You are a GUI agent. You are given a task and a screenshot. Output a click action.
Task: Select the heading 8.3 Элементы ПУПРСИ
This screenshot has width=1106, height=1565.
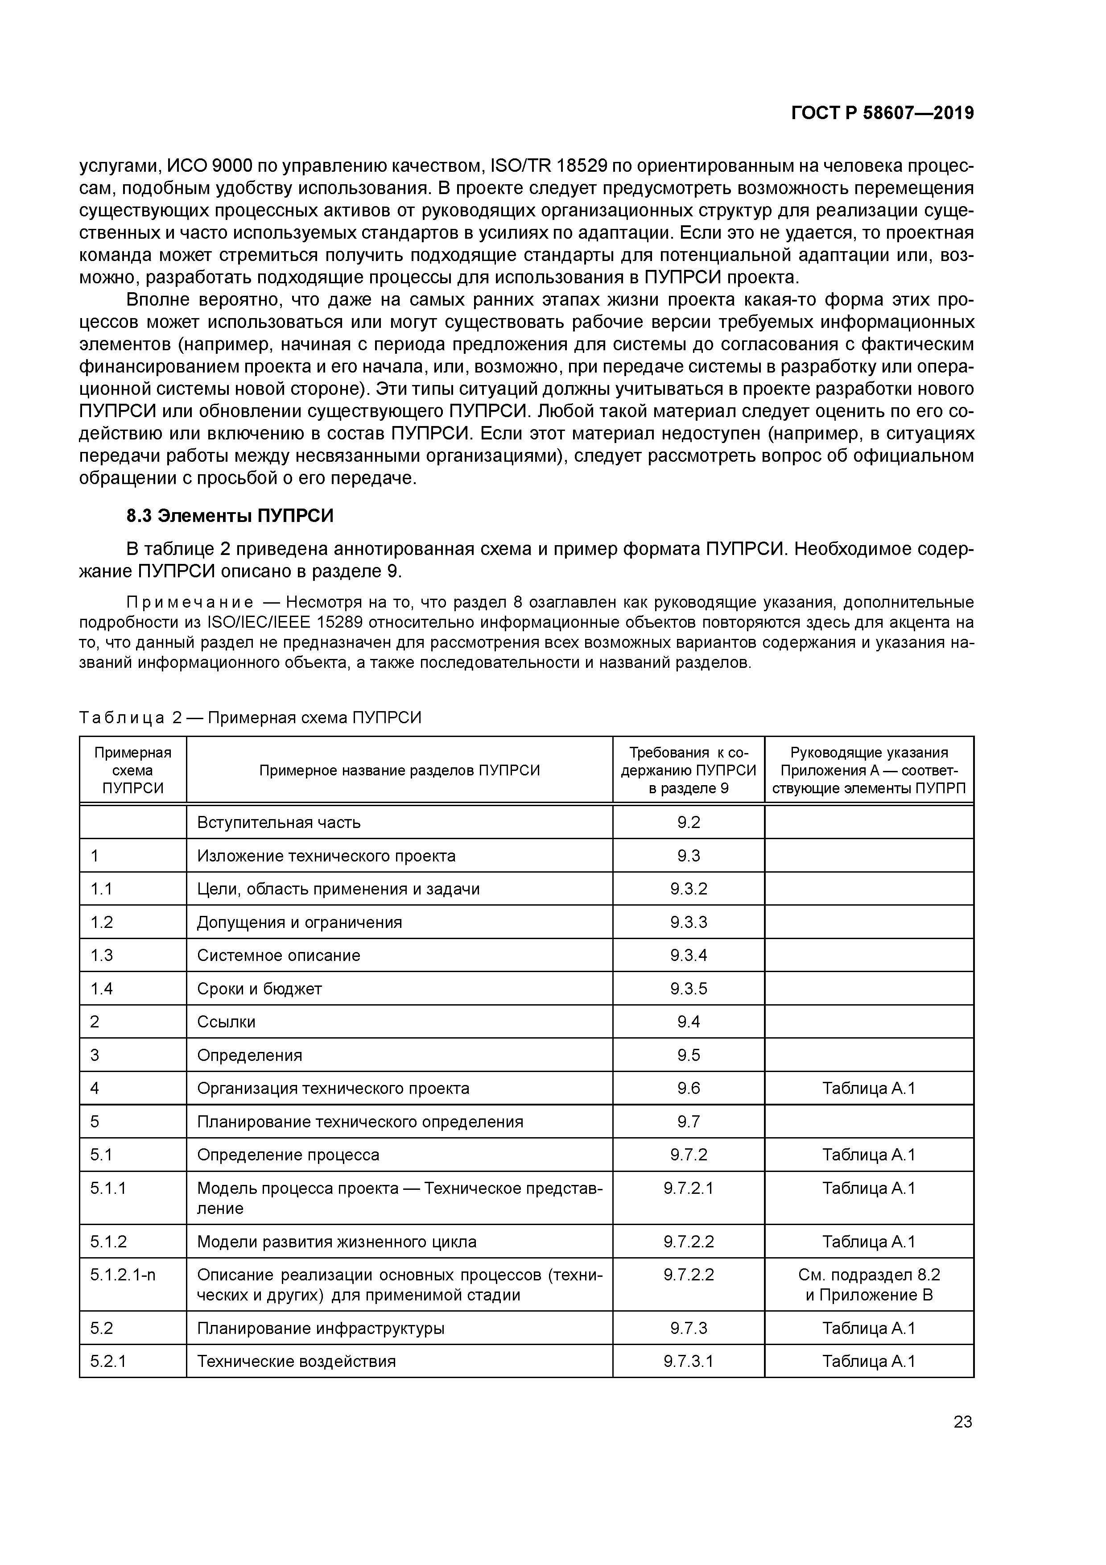click(230, 516)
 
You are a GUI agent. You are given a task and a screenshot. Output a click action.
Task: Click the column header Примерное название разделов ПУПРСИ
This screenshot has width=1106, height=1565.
click(399, 770)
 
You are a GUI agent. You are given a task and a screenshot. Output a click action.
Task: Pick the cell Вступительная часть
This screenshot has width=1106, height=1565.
click(279, 822)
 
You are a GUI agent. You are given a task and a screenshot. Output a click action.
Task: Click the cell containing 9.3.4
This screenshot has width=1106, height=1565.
click(688, 955)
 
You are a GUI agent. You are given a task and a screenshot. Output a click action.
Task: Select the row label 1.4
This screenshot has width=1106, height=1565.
click(102, 988)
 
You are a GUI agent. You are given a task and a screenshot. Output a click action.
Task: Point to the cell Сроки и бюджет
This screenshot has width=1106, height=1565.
click(259, 988)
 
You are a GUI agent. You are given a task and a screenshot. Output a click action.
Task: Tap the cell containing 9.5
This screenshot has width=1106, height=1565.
click(688, 1055)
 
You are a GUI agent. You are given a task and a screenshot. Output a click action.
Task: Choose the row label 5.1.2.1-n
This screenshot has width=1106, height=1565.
click(123, 1274)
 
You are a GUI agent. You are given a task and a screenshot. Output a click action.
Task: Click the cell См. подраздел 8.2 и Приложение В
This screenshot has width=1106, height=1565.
click(869, 1284)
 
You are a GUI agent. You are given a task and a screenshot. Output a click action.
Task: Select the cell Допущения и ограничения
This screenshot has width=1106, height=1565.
click(299, 922)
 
